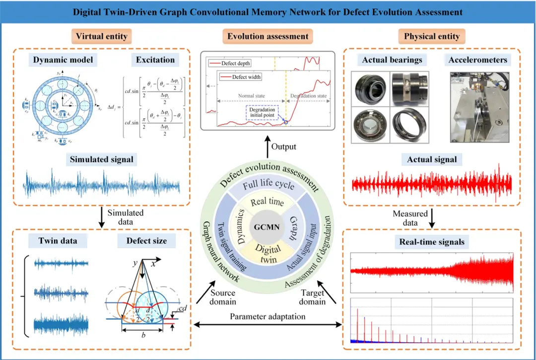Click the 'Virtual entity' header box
pyautogui.click(x=101, y=36)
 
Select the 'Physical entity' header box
pyautogui.click(x=431, y=36)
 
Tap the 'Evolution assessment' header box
pyautogui.click(x=268, y=36)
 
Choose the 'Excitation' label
pyautogui.click(x=155, y=60)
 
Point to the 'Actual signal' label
pyautogui.click(x=431, y=159)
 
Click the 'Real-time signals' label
pyautogui.click(x=431, y=242)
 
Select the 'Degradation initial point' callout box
pyautogui.click(x=261, y=111)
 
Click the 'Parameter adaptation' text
pyautogui.click(x=268, y=316)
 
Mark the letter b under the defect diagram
pyautogui.click(x=143, y=336)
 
